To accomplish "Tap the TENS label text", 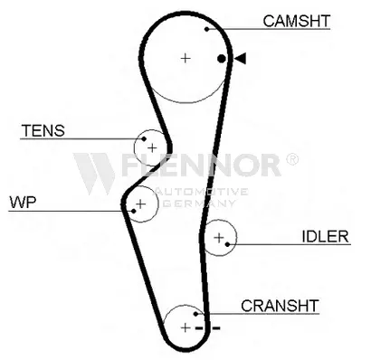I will [x=43, y=130].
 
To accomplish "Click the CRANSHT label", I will [x=280, y=306].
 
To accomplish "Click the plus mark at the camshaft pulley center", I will [x=185, y=58].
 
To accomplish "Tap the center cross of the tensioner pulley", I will [x=152, y=147].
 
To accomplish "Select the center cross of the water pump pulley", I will [x=139, y=205].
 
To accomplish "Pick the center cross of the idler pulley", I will [x=219, y=238].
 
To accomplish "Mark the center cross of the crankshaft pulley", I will [x=186, y=327].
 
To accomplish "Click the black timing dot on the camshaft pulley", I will [x=222, y=59].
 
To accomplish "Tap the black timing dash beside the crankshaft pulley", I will [x=214, y=327].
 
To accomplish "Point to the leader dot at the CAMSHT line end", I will [x=207, y=29].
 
